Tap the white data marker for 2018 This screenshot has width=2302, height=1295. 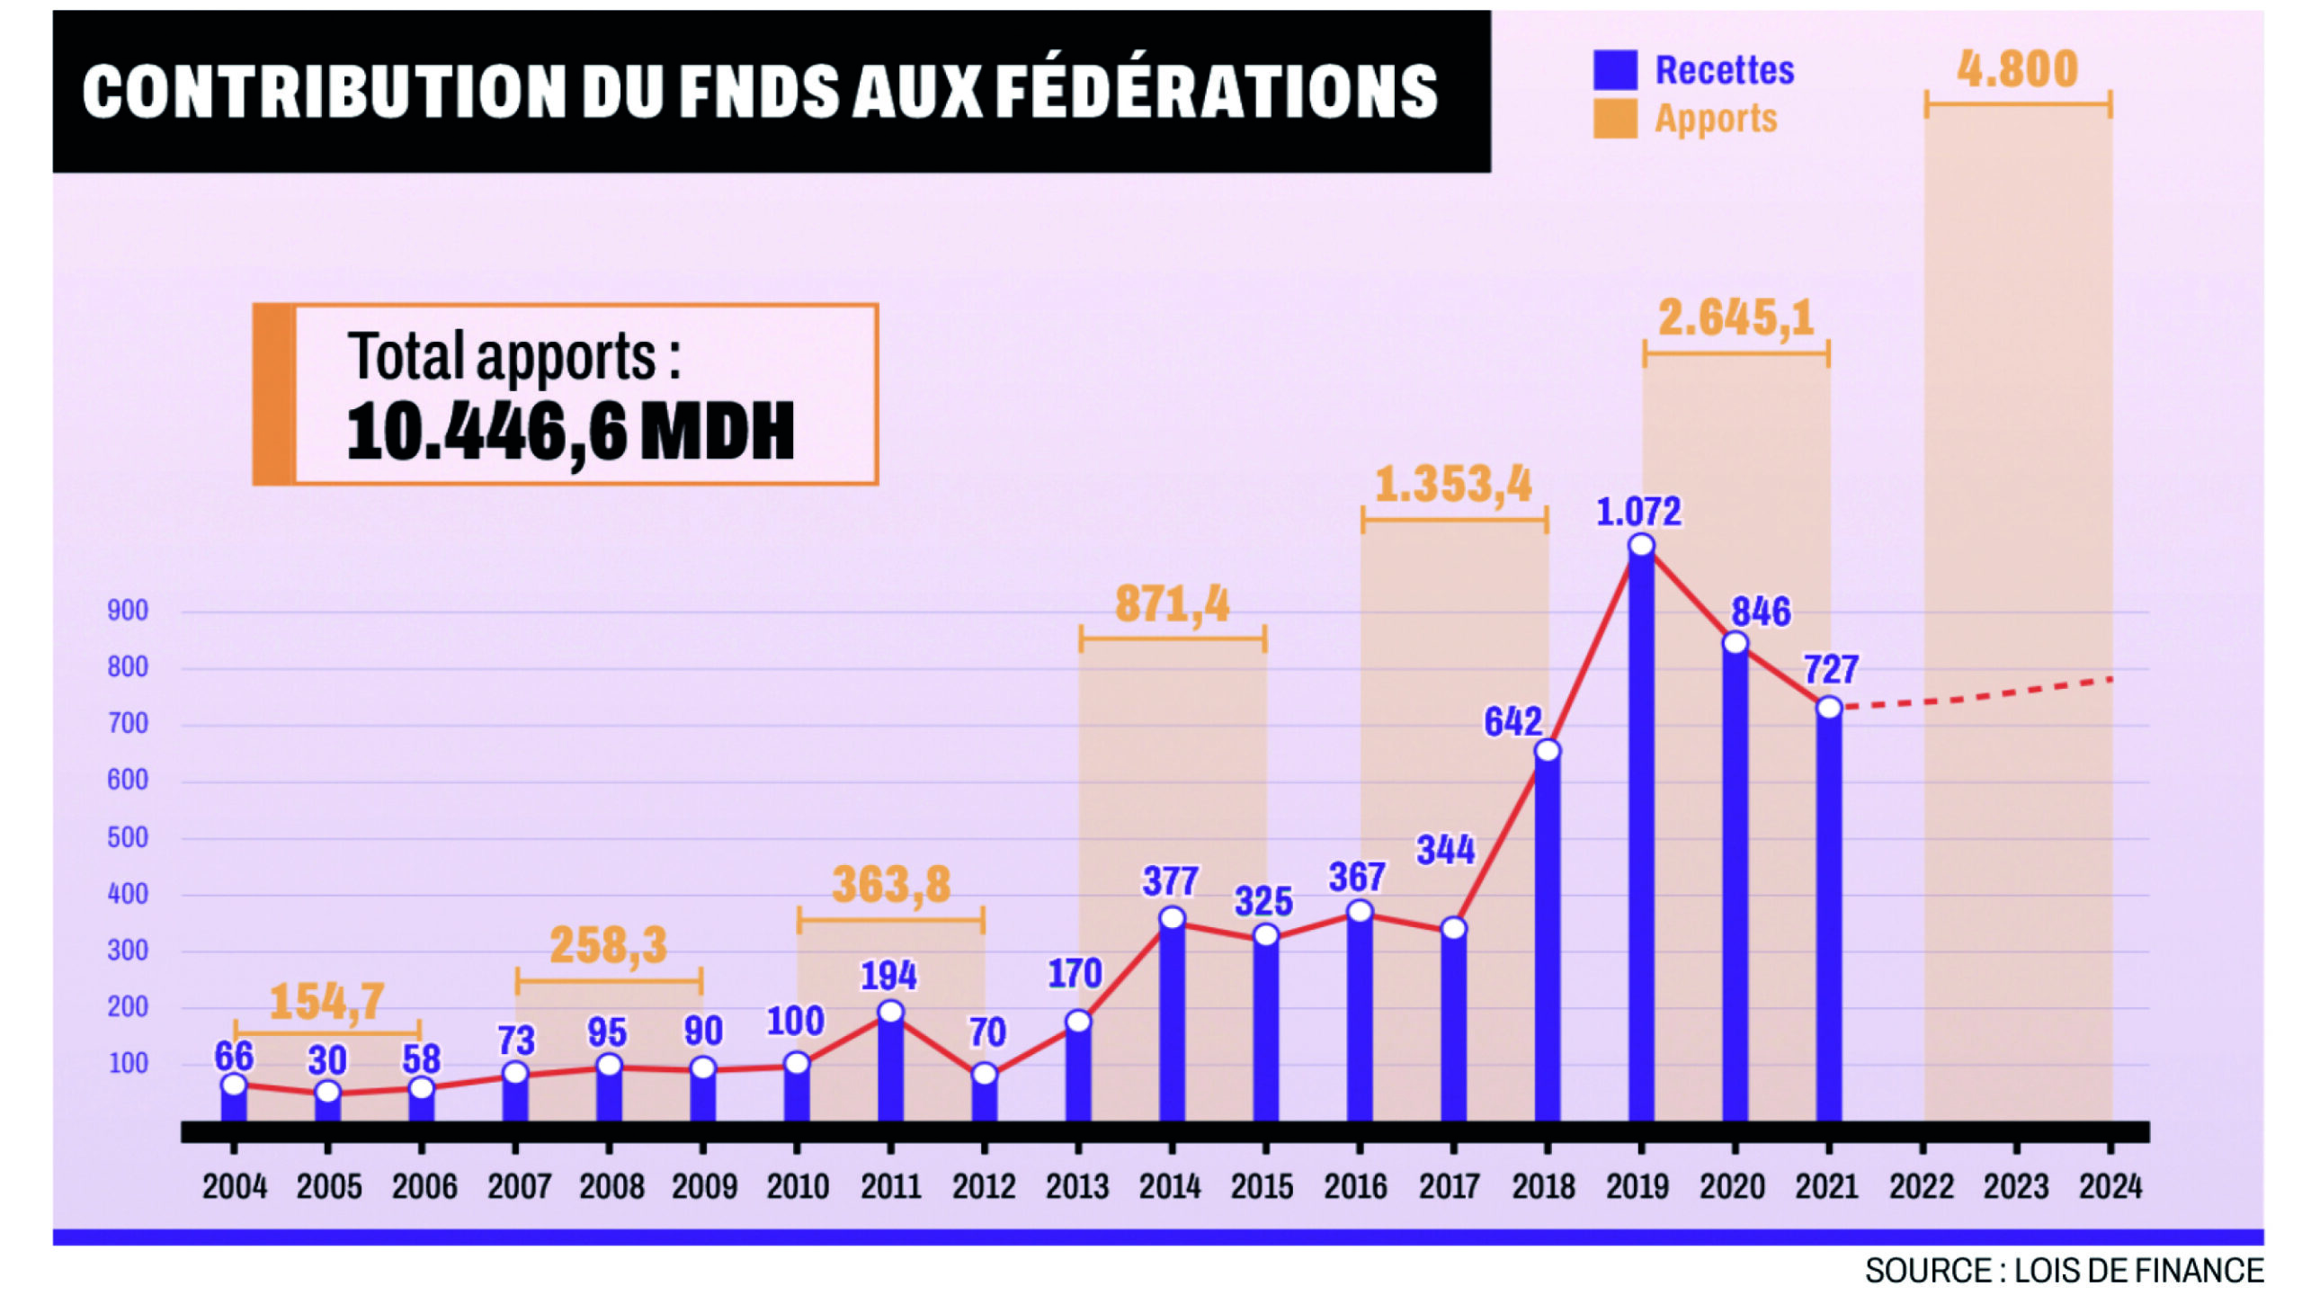click(x=1548, y=750)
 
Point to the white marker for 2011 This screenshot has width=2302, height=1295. click(x=890, y=1012)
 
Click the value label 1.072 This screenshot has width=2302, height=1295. click(x=1638, y=512)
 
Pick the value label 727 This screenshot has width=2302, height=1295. click(x=1831, y=670)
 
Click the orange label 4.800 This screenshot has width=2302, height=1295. click(x=2018, y=69)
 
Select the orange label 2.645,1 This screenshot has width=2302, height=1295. click(x=1735, y=317)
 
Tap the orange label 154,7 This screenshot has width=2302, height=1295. click(x=327, y=1002)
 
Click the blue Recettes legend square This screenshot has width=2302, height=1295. click(x=1615, y=70)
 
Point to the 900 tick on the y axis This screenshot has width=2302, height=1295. click(x=128, y=611)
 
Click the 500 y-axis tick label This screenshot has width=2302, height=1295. click(x=128, y=837)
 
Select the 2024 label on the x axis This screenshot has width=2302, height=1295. click(x=2110, y=1187)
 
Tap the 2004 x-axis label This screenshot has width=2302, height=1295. click(x=235, y=1187)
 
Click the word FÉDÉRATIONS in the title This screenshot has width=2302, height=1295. click(x=1218, y=92)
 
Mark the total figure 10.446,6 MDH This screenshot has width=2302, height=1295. click(x=571, y=432)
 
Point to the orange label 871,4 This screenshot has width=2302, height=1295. click(x=1173, y=604)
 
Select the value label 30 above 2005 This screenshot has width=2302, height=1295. click(x=327, y=1061)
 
